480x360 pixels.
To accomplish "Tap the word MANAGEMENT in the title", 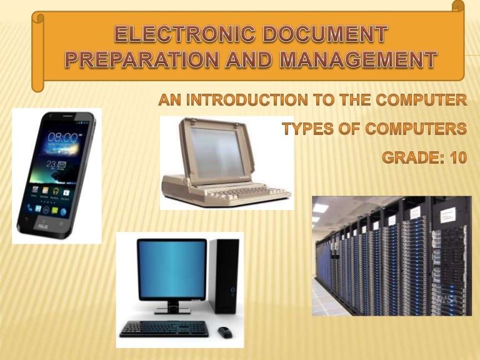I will pyautogui.click(x=360, y=60).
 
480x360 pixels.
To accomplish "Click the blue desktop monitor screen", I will pyautogui.click(x=172, y=269).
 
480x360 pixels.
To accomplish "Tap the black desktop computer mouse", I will pyautogui.click(x=224, y=332).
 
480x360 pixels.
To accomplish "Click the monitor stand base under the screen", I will pyautogui.click(x=171, y=310).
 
